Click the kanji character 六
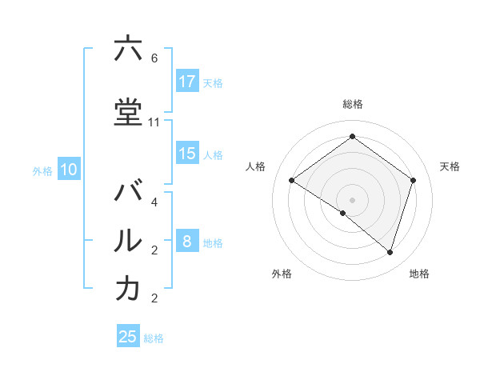pos(128,50)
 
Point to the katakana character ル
pos(128,241)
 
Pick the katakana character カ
pos(128,289)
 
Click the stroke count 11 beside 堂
pos(154,122)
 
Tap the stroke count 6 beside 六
pos(154,58)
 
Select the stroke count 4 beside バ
pos(154,202)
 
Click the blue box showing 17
pos(187,82)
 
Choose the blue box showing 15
pos(187,154)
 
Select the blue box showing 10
pos(68,170)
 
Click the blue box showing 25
pos(128,337)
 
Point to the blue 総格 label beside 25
pos(154,338)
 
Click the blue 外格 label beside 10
pos(42,170)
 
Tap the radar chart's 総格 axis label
pos(352,104)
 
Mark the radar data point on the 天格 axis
pos(413,180)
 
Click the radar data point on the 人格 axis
pos(291,180)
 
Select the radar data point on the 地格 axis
pos(390,252)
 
